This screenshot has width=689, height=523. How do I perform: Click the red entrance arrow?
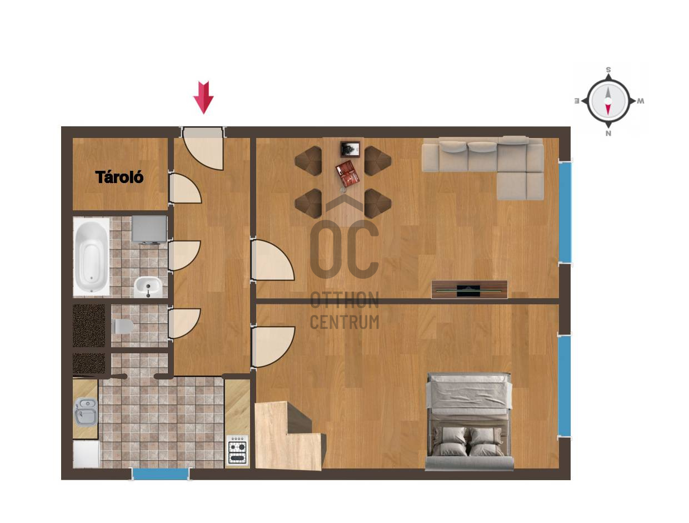(x=203, y=97)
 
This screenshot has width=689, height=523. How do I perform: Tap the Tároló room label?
(x=119, y=177)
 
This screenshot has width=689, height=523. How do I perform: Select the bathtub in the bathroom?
(x=91, y=257)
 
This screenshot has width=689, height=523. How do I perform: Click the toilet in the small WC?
(x=123, y=326)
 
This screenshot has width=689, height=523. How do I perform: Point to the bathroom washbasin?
(x=148, y=287)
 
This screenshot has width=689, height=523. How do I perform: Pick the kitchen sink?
(x=86, y=412)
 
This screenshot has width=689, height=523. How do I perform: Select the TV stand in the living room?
(x=470, y=289)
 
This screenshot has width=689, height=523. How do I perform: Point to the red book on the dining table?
(x=347, y=174)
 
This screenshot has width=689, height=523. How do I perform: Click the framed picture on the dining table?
(x=350, y=149)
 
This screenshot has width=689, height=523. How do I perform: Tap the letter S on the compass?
(x=608, y=70)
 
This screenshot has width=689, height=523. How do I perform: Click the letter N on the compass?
(x=608, y=134)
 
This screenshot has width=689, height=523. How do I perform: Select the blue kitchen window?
(x=161, y=474)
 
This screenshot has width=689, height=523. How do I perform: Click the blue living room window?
(x=565, y=212)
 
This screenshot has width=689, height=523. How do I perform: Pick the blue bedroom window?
(x=565, y=386)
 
